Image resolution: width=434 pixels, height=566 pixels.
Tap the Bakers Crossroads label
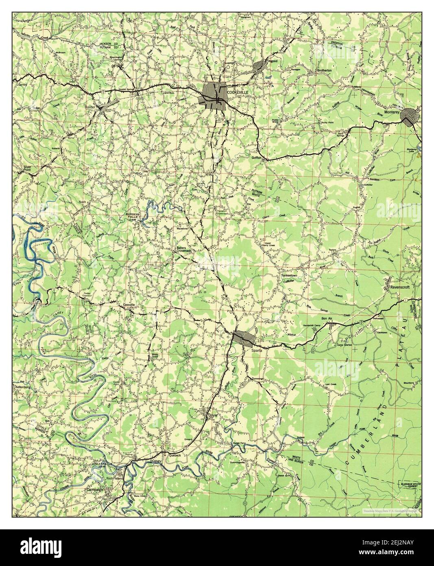[183, 250]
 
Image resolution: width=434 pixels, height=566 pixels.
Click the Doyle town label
[214, 415]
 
